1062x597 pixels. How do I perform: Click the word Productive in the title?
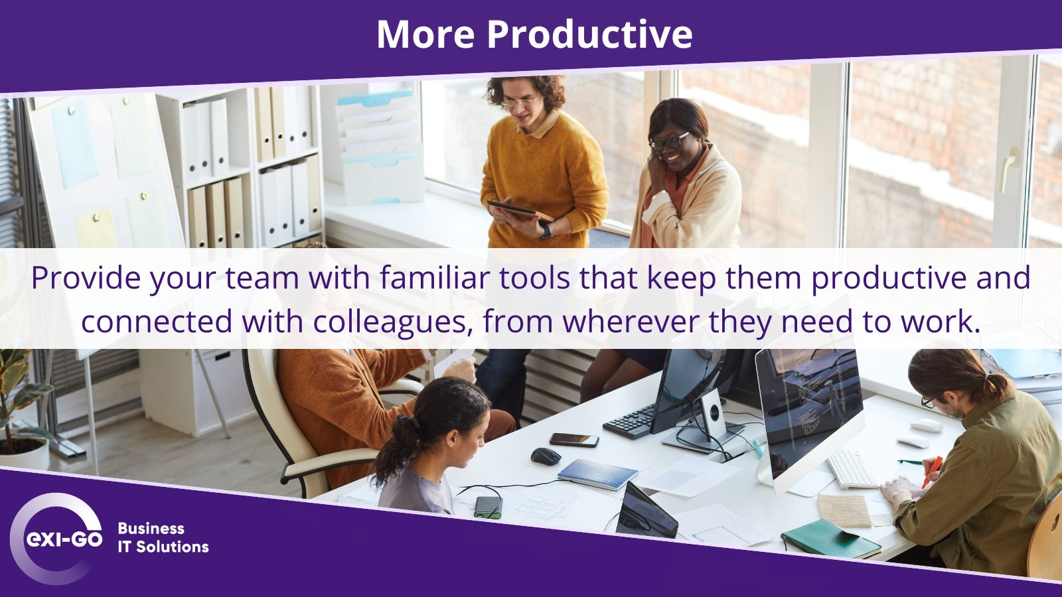click(590, 34)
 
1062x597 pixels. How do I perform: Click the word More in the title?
click(425, 34)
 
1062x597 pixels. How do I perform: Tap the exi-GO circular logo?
click(56, 538)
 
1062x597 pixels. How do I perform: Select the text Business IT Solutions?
click(163, 538)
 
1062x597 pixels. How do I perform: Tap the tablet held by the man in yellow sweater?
click(520, 210)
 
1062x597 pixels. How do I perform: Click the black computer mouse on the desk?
click(546, 456)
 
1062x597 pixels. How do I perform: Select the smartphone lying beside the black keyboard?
click(574, 440)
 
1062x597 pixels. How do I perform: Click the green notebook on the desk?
click(830, 539)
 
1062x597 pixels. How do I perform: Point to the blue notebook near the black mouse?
click(597, 474)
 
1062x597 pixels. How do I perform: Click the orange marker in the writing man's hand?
click(932, 471)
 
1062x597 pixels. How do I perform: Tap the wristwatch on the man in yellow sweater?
click(546, 231)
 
